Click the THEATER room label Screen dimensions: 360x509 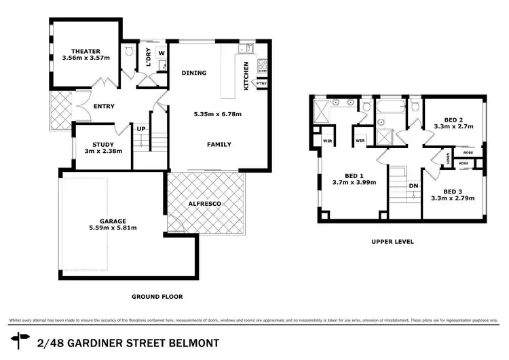point(86,51)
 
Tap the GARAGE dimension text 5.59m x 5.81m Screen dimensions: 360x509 point(118,228)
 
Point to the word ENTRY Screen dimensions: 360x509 point(104,106)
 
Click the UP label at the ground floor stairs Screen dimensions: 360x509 point(140,129)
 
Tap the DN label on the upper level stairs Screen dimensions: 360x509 point(412,185)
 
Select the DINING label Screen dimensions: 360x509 point(194,73)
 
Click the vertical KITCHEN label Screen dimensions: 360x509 point(246,75)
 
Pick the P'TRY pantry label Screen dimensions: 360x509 point(261,84)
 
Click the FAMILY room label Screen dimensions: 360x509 point(219,144)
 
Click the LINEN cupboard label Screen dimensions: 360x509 point(449,159)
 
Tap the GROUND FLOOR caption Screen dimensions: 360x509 point(157,296)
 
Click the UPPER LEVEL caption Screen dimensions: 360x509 point(392,241)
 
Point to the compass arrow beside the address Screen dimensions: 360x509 point(20,338)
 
